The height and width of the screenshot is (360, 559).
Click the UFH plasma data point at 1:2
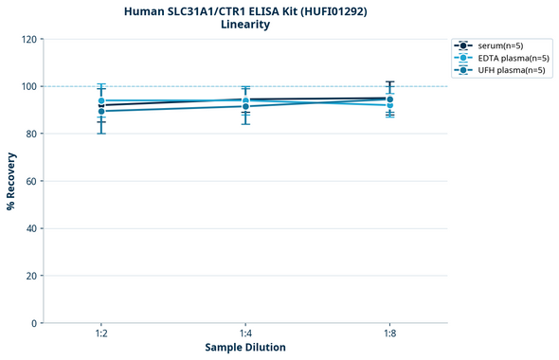[101, 111]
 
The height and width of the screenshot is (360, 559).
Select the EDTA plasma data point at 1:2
[101, 100]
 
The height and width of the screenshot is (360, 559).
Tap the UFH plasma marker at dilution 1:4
[245, 106]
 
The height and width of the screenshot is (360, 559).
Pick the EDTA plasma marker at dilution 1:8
[390, 104]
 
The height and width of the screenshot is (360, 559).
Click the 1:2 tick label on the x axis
[101, 334]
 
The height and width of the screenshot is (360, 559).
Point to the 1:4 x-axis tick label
[245, 334]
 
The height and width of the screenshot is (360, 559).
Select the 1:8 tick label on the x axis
[390, 334]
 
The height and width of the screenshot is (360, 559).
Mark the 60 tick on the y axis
[30, 181]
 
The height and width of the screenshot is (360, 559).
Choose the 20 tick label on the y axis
[30, 276]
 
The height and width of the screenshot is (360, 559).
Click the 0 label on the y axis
[33, 323]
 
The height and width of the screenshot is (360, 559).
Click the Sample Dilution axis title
[245, 348]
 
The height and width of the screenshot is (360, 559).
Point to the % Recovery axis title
[11, 181]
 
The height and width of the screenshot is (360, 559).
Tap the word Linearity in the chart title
[245, 25]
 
